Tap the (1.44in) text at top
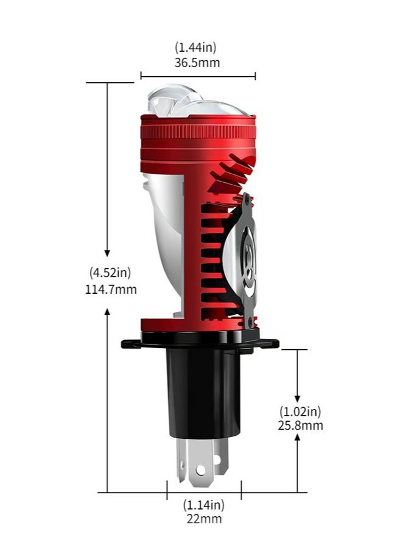point(195,47)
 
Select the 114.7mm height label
point(111,289)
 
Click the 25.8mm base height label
point(300,425)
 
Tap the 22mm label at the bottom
point(204,519)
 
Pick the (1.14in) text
point(204,505)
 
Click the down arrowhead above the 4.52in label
point(107,252)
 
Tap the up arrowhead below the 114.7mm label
point(107,311)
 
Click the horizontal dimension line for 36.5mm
point(198,76)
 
